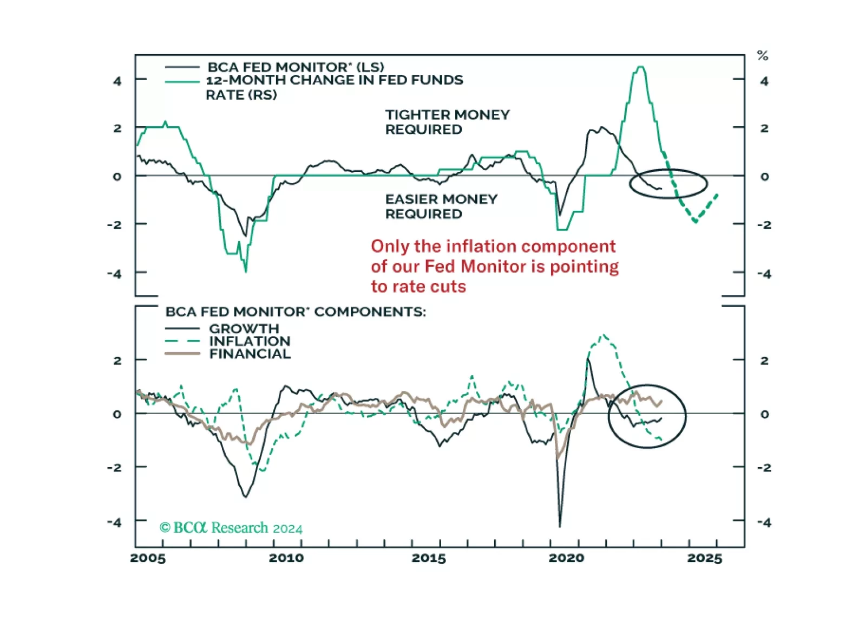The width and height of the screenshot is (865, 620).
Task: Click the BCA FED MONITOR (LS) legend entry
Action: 296,67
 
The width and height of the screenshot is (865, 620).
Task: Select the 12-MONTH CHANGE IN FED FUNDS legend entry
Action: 334,81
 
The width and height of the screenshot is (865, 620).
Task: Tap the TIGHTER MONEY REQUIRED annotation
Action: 447,122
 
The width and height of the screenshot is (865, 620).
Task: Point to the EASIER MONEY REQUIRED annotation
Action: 441,206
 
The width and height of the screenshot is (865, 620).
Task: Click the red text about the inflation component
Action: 494,266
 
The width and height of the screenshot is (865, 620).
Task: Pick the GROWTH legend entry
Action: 244,328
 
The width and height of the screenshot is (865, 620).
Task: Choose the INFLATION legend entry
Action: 250,341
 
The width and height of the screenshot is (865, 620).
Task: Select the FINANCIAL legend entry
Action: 250,354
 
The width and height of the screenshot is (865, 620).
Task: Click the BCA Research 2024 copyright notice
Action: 231,527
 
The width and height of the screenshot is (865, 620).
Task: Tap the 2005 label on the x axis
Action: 148,558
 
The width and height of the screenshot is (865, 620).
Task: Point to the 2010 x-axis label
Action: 286,558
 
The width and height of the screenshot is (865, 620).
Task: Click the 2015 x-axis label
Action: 429,558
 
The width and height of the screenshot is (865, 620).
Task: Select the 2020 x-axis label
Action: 566,558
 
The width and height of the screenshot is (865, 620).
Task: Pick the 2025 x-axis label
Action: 705,558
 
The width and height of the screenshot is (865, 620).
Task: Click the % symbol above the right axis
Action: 763,55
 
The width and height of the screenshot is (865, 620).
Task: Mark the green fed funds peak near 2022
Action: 640,67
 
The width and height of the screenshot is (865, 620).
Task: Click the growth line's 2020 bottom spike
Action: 560,526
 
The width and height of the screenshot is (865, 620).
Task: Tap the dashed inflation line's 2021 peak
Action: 604,335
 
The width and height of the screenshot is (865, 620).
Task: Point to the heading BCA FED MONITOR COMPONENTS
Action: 296,312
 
